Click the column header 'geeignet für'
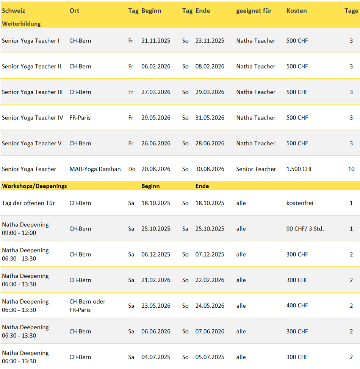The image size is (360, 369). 254,11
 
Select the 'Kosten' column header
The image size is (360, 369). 296,11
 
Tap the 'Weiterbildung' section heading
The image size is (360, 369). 21,23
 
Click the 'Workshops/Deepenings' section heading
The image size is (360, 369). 34,186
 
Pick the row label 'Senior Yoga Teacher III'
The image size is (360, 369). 32,92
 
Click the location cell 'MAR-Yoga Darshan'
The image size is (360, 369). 95,169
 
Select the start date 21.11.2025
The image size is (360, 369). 156,40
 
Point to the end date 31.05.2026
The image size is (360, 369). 210,118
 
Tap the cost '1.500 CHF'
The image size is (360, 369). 299,169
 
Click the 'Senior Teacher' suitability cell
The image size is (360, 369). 256,169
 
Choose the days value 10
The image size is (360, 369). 351,169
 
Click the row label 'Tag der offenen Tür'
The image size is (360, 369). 28,203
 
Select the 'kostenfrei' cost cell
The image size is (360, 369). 300,203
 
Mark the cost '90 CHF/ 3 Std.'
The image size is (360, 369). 305,229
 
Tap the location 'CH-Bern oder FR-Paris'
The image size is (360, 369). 87,305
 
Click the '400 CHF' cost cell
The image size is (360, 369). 297,305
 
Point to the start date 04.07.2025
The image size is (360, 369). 156,357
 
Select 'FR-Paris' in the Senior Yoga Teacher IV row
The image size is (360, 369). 80,118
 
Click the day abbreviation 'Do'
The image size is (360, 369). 131,169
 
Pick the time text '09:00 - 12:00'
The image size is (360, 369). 19,233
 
